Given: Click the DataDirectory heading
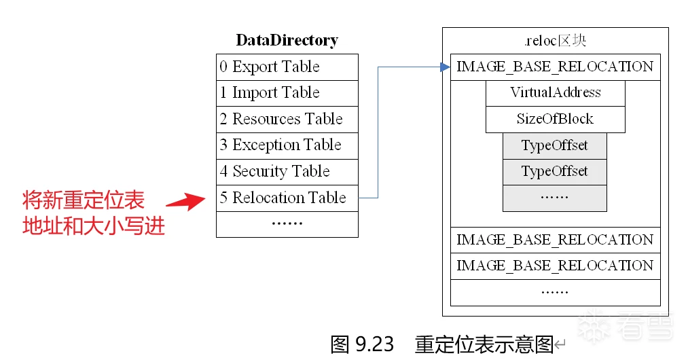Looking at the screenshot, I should tap(287, 40).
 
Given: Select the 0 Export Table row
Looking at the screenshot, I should tap(287, 67).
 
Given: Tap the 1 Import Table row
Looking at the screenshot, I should tap(287, 93).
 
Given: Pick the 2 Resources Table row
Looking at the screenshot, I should tap(287, 120).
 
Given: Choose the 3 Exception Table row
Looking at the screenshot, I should tap(287, 145).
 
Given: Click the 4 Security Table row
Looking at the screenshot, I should tap(287, 172).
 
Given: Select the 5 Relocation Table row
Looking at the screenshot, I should tap(287, 198).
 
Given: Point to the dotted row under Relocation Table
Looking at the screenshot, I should tap(287, 224).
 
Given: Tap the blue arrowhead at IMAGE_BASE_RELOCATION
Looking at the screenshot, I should tap(445, 67).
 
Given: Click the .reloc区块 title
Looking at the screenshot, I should tap(555, 41).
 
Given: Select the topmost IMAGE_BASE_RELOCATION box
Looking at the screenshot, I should tap(555, 67).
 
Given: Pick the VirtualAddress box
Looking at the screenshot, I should tap(555, 93).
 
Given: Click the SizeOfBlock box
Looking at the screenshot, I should tap(555, 120).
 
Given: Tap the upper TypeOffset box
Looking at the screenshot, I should tap(554, 145).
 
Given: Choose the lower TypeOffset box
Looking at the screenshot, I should tap(554, 172).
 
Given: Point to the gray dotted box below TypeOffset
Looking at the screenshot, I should tap(554, 198).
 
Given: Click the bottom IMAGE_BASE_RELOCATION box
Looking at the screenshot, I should tap(555, 266).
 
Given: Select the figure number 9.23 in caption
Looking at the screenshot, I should tap(374, 344).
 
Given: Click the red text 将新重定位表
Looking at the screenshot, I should tap(84, 200).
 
